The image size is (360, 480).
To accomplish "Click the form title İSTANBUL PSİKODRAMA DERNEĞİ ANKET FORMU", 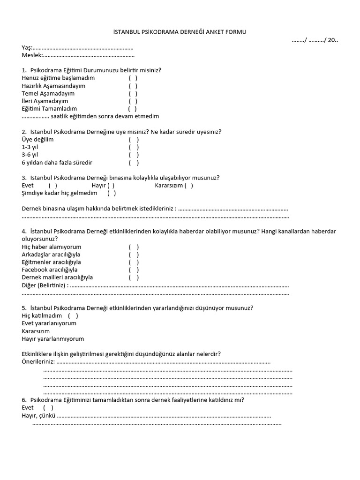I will point(180,32).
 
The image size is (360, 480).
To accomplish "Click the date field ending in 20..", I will point(315,40).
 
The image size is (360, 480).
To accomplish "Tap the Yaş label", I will point(27,48).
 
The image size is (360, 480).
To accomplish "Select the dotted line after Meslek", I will point(89,55).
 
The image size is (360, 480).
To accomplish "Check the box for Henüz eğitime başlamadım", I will point(133,78).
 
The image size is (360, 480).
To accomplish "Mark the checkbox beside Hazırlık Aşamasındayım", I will point(133,86).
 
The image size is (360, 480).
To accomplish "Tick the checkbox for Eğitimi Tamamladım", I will point(133,109).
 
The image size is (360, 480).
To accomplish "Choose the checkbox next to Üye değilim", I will point(134,140).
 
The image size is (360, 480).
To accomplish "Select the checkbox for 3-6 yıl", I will point(134,155).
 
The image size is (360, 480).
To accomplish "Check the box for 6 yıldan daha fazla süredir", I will point(134,163).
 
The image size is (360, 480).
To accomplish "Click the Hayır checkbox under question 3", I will point(111,185).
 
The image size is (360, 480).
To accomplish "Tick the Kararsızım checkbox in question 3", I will point(188,185).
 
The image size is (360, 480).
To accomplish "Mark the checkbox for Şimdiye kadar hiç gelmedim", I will point(112,193).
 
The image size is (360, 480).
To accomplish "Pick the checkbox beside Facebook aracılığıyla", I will point(134,270).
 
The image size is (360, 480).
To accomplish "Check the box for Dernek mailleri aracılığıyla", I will point(134,277).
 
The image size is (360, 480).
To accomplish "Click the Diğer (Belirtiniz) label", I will point(45,285).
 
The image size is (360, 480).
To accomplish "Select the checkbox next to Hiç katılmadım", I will point(73,316).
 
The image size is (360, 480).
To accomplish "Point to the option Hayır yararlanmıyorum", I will point(53,339).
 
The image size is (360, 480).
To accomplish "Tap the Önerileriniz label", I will point(38,362).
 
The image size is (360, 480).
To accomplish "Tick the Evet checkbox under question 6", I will point(48,408).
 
